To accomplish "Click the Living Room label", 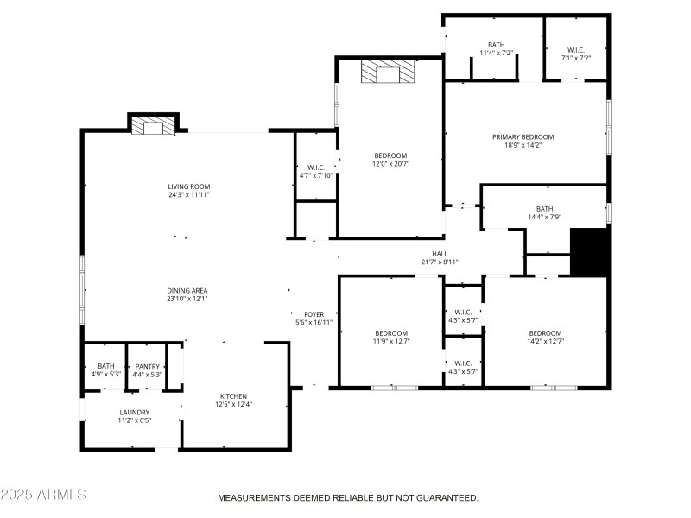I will tap(188, 186).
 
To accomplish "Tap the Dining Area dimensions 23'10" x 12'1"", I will tap(187, 299).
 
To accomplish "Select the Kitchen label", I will tap(233, 396).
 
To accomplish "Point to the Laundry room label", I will tap(134, 412).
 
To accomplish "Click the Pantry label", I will tap(147, 366).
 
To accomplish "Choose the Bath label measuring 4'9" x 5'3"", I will tap(105, 366).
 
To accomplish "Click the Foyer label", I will tap(314, 314).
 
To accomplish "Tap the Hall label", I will tap(440, 254).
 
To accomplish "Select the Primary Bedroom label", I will tap(523, 136).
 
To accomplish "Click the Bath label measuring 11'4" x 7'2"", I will tap(496, 45).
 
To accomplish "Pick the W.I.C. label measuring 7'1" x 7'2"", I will tap(576, 49).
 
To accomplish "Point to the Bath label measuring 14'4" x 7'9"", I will tap(544, 208).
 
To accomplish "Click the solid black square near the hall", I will tap(591, 252).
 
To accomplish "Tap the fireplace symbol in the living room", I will tap(153, 127).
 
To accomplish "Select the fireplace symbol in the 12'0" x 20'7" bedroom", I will tap(388, 73).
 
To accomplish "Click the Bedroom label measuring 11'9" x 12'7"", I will tap(390, 333).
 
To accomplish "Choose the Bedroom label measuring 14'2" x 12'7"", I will tap(545, 333).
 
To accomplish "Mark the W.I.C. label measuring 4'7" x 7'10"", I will tap(315, 167).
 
